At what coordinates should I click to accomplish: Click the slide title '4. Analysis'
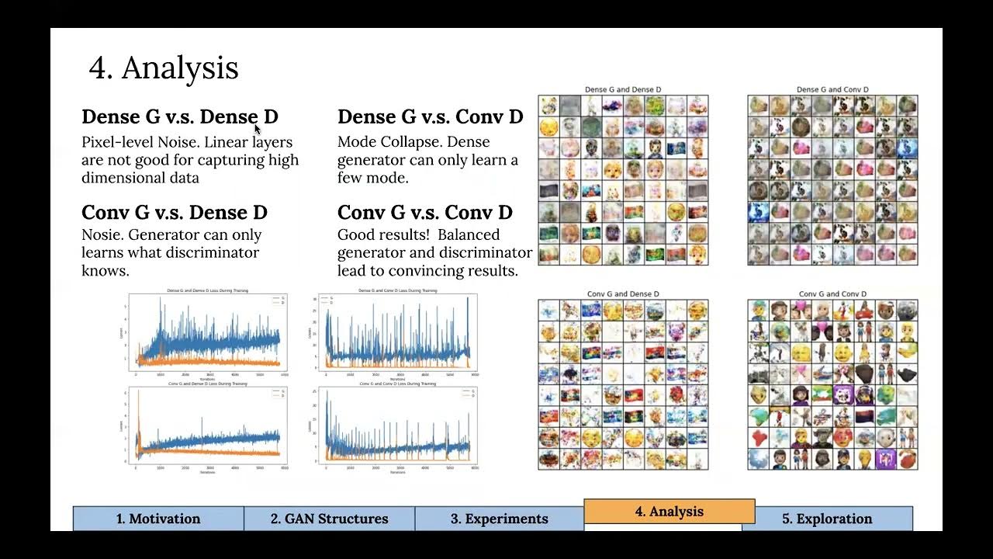(x=164, y=68)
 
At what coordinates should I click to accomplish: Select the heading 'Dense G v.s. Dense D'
(x=179, y=117)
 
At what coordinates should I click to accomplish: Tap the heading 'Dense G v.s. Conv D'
(x=430, y=117)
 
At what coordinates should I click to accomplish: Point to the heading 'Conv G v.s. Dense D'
(x=175, y=213)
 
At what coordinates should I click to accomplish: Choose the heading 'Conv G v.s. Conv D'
(x=424, y=213)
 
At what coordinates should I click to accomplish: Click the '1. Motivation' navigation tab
(x=158, y=519)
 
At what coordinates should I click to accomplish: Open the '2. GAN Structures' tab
(x=329, y=519)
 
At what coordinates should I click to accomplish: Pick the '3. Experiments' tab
(x=500, y=519)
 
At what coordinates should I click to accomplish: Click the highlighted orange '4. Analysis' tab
(x=669, y=512)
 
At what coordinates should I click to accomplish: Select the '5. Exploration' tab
(x=827, y=519)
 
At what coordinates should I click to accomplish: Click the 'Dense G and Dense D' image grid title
(x=623, y=90)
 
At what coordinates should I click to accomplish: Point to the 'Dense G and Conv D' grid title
(x=832, y=90)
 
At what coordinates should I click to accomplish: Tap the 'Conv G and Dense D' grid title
(x=623, y=294)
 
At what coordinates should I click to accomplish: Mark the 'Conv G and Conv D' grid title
(x=832, y=294)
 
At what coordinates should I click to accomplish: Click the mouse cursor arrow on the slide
(x=258, y=130)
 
